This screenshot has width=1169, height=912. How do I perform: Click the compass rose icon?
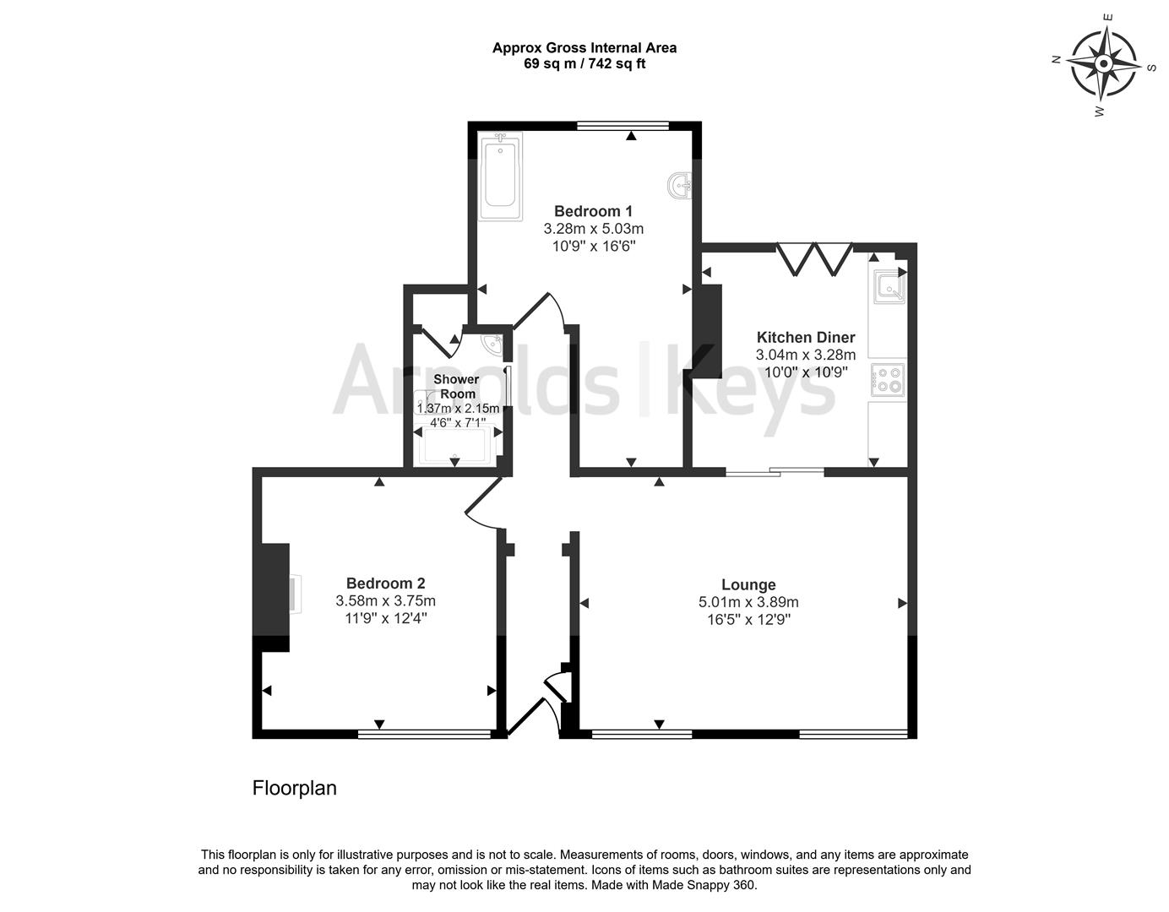(x=1103, y=63)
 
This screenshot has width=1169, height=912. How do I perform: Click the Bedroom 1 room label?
(x=593, y=211)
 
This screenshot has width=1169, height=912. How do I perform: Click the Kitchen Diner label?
(x=805, y=337)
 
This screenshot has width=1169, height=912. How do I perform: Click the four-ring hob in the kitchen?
(x=888, y=379)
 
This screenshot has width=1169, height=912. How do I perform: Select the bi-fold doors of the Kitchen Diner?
(x=814, y=258)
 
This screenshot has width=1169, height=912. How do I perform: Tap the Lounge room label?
(x=748, y=584)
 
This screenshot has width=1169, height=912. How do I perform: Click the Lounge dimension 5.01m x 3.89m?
(x=748, y=602)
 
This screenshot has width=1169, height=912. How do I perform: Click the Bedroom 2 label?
(x=385, y=583)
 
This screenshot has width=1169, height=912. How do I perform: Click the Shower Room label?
(x=456, y=387)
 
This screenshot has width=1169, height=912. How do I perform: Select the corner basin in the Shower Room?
(x=492, y=344)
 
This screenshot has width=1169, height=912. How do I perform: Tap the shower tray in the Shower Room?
(x=456, y=446)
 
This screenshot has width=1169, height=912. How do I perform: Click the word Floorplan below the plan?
(x=295, y=788)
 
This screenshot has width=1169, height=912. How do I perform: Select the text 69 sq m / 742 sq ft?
(x=584, y=63)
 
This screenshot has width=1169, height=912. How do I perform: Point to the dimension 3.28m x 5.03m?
(x=593, y=229)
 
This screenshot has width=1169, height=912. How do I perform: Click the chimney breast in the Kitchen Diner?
(x=708, y=331)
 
